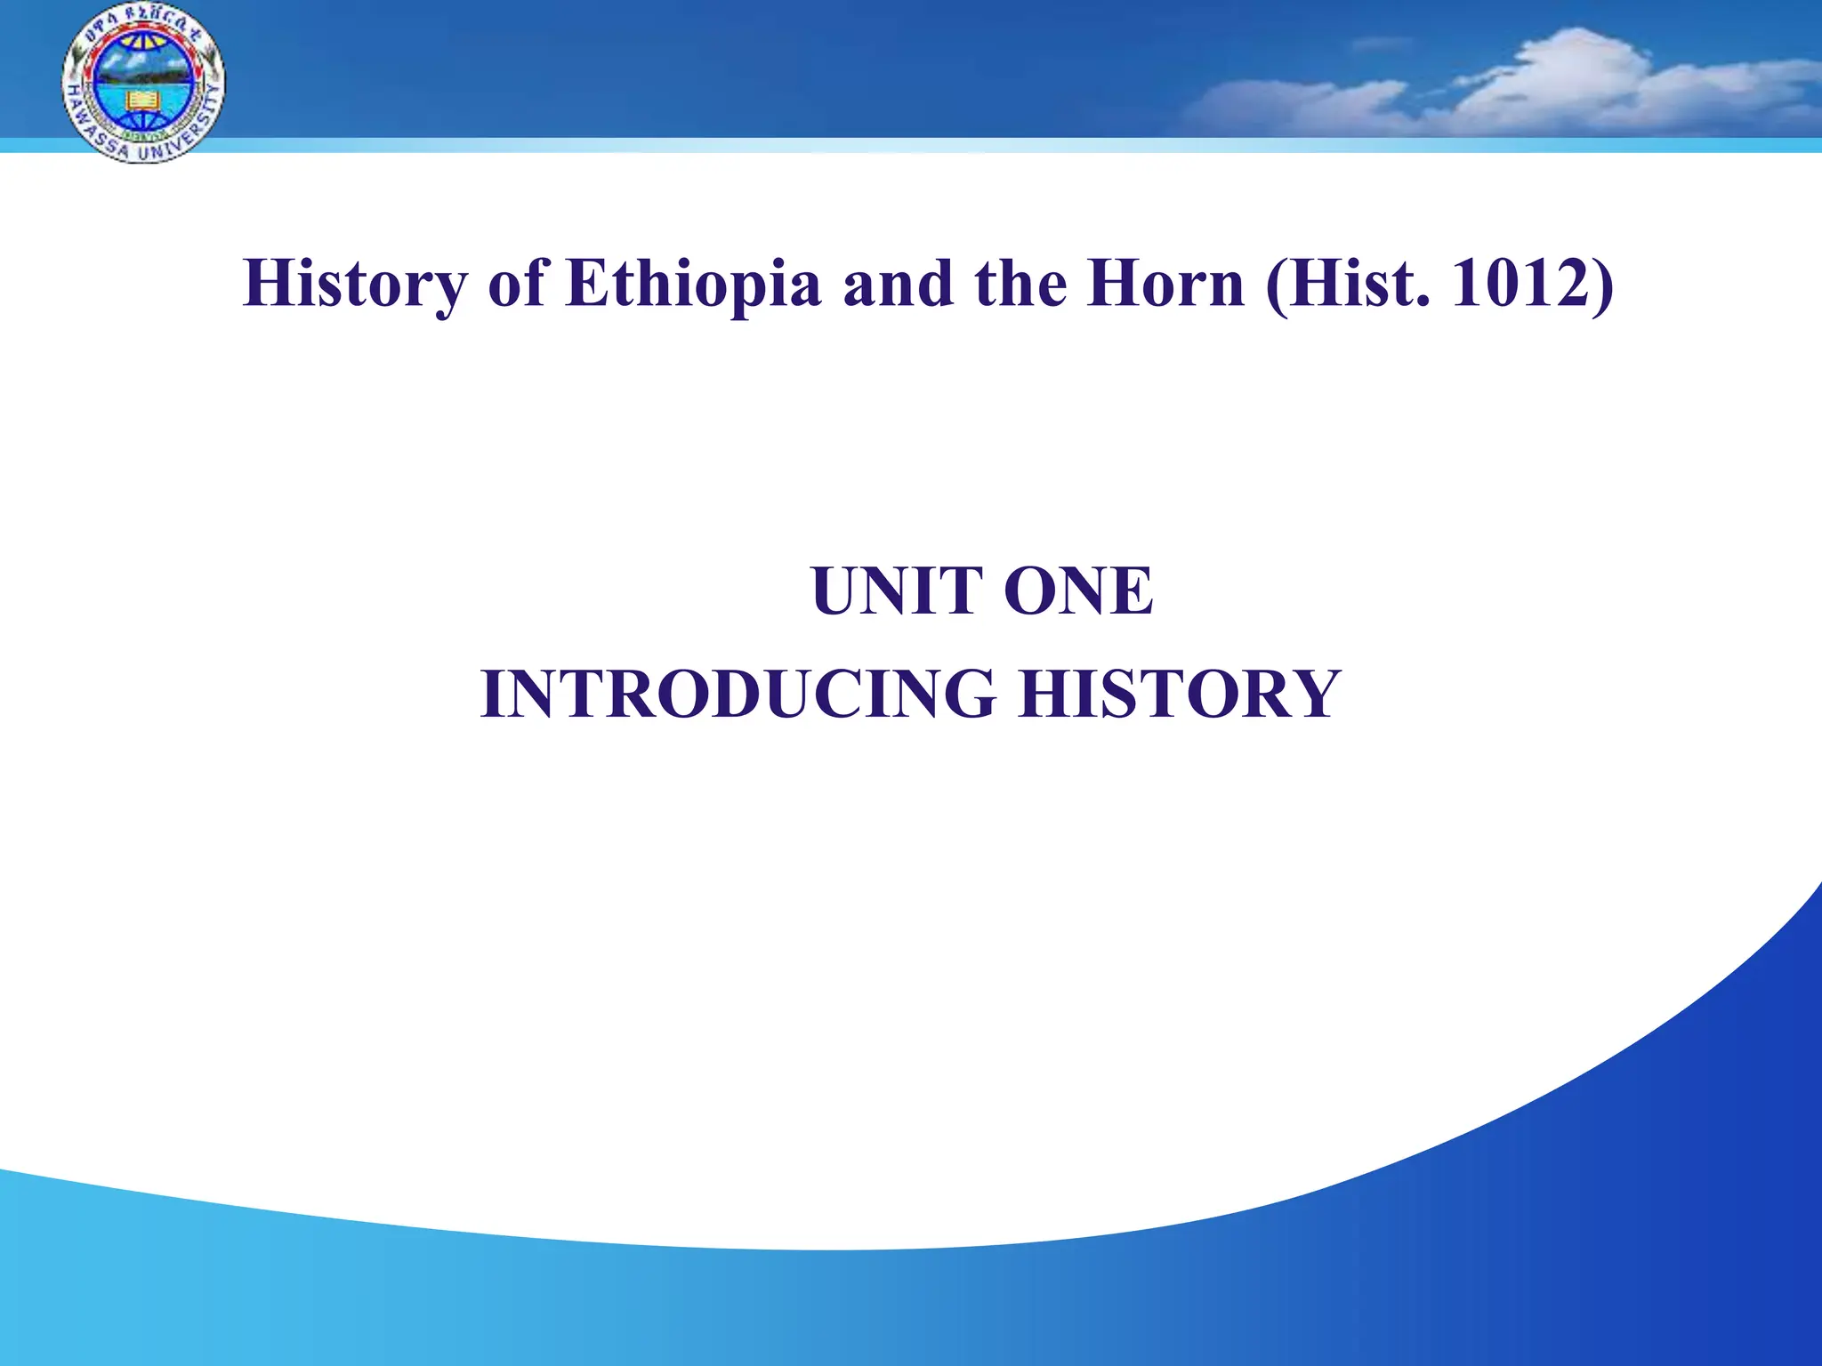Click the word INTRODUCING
click(738, 695)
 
